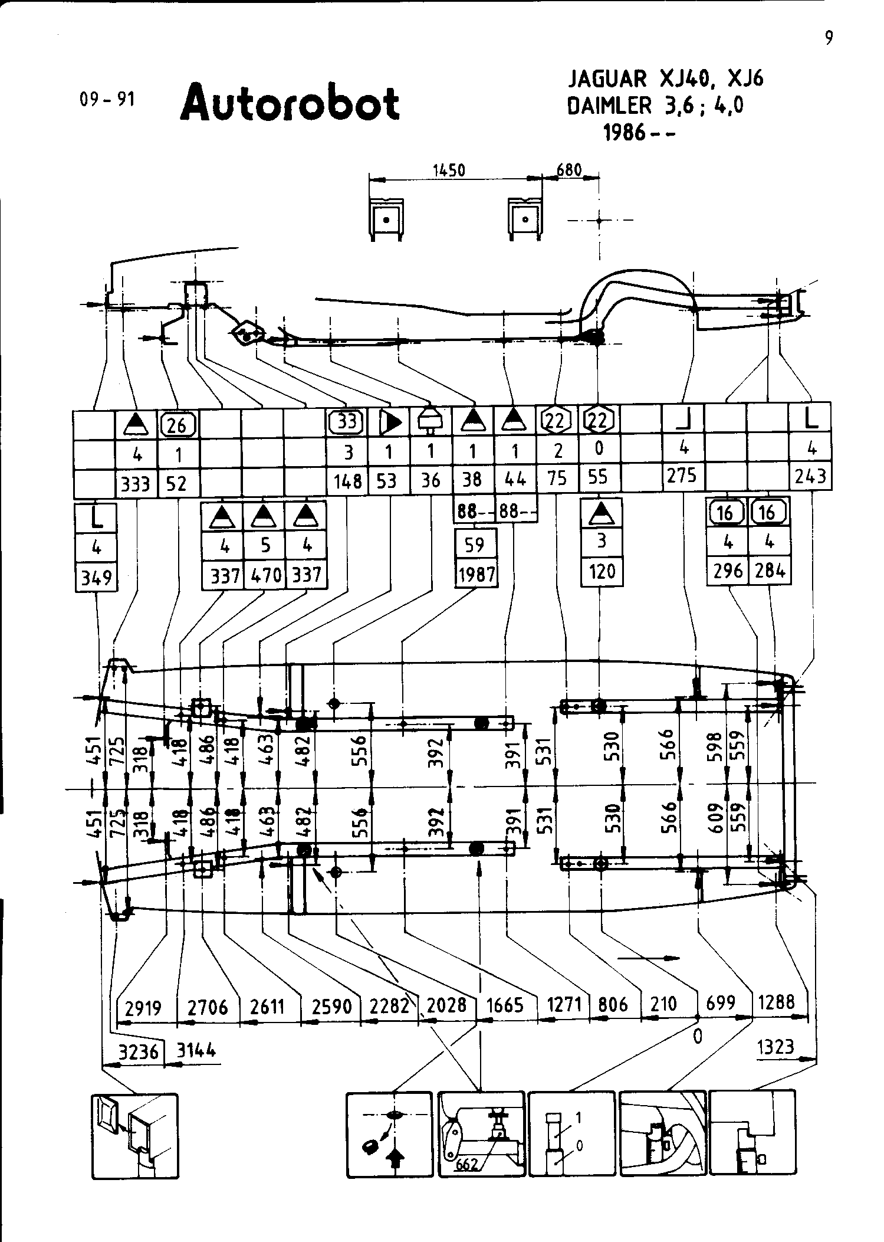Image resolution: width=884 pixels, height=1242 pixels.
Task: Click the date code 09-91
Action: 107,99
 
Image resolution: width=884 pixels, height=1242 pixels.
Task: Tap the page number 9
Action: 829,38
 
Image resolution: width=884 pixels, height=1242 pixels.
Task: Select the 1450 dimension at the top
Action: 449,171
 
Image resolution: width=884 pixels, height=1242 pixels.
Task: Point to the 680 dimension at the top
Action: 569,171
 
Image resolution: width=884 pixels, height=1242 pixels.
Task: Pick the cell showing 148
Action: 348,481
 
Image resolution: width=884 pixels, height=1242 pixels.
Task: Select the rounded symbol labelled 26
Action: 178,424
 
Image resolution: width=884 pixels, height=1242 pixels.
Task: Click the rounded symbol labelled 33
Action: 347,422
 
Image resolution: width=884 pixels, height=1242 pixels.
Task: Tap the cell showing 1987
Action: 476,574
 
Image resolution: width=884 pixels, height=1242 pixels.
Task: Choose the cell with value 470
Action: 265,575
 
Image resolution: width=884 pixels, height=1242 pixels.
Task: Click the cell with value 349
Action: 97,576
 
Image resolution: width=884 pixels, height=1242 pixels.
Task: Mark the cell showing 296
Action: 728,571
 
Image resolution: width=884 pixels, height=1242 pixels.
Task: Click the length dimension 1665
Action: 504,1004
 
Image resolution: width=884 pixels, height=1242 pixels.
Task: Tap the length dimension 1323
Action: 775,1047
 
